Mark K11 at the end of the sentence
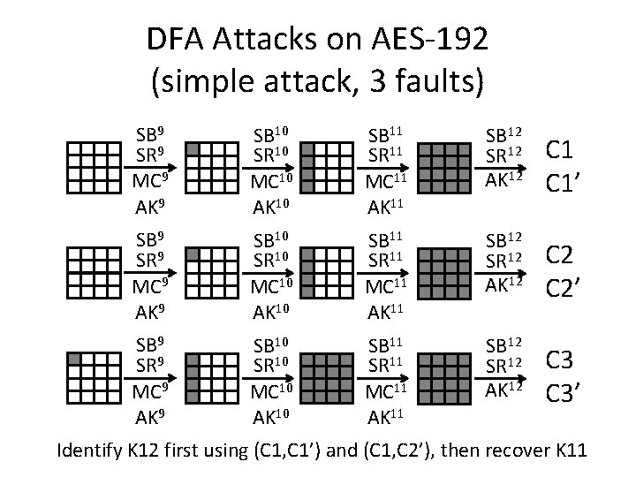click(572, 452)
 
